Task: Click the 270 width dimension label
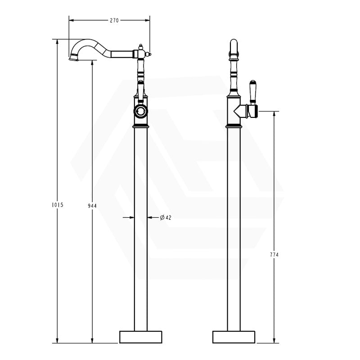click(114, 20)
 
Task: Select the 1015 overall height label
click(58, 205)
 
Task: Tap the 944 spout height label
click(92, 206)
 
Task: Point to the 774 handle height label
click(274, 255)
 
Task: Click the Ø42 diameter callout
click(166, 217)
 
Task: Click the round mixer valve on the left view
click(141, 112)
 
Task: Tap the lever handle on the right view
click(252, 92)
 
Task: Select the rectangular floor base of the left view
click(141, 337)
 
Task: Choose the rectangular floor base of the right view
click(234, 337)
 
